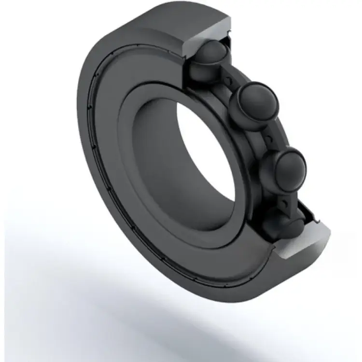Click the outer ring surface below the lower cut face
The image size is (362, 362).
click(290, 270)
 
